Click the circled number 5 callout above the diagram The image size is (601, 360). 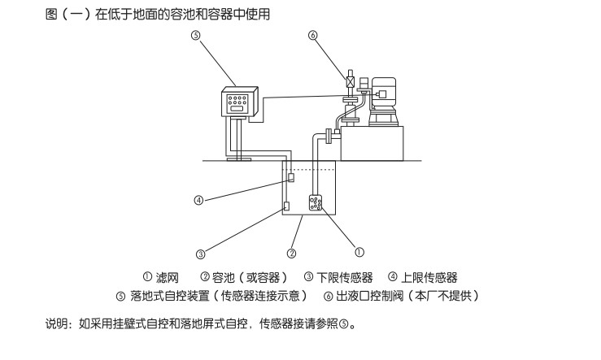195,36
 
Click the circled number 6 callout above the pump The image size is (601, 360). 313,36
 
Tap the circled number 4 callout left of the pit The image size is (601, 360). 198,200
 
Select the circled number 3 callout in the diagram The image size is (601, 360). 199,249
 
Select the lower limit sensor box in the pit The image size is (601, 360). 287,206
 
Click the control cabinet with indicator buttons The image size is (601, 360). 240,102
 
